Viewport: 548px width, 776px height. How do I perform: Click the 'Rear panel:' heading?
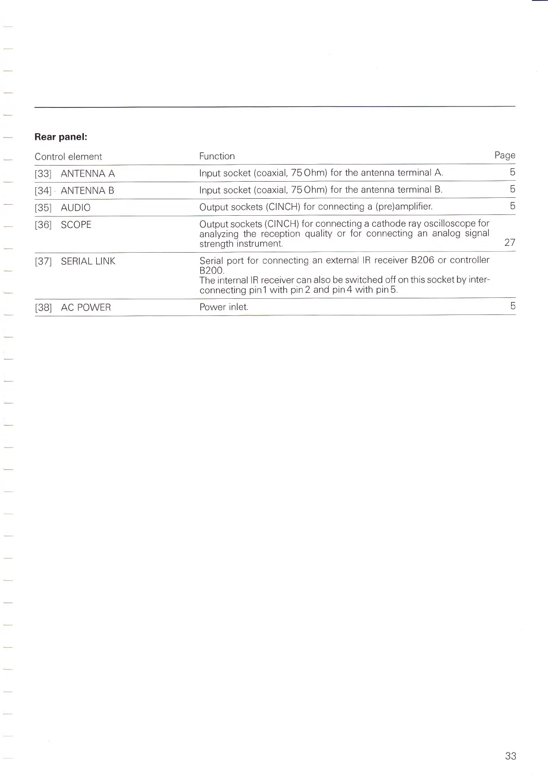point(61,137)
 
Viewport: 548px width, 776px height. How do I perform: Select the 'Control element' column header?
point(68,157)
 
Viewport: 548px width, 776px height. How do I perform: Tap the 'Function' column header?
point(217,156)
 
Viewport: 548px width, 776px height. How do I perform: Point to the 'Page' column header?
point(505,155)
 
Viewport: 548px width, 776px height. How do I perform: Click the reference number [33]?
point(43,174)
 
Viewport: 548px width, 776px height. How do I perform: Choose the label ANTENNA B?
point(87,191)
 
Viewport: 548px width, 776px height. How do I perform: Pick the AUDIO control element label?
point(76,208)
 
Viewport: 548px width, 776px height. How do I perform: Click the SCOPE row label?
point(76,225)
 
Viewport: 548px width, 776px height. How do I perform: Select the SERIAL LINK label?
point(88,261)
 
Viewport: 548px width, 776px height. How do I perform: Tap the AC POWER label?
point(86,308)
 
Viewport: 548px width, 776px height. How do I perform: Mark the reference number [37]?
point(43,261)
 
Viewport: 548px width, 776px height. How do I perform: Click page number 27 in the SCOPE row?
point(510,243)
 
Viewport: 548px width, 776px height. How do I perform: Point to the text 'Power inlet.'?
point(224,307)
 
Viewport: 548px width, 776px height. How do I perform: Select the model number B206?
point(422,260)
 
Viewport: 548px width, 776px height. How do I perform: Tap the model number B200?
point(211,271)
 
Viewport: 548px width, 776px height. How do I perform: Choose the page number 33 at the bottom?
point(511,756)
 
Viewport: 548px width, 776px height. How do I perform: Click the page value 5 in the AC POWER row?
point(513,306)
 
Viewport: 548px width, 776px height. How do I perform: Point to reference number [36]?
point(43,225)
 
